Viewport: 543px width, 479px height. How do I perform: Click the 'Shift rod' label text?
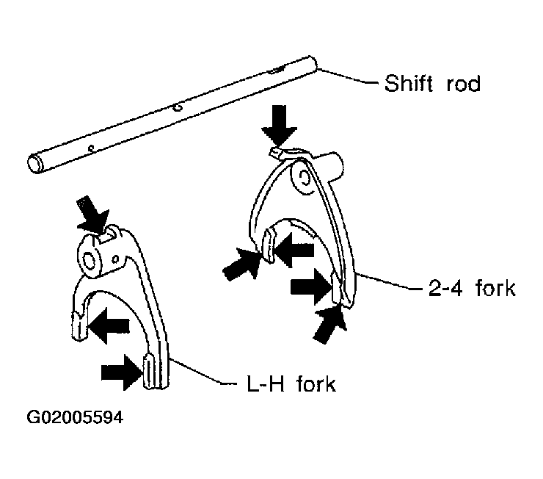(432, 83)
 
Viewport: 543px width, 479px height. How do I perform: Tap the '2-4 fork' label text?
(472, 288)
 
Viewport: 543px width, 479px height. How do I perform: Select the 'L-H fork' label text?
(291, 383)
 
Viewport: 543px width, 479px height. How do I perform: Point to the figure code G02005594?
(75, 417)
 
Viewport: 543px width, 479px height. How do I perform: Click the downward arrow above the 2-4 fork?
(279, 126)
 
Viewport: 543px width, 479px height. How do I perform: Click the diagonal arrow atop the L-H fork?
(92, 215)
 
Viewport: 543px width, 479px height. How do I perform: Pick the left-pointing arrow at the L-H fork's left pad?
(109, 325)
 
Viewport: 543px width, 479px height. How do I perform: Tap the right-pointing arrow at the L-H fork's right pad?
(122, 372)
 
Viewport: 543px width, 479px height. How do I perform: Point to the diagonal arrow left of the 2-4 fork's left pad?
(241, 264)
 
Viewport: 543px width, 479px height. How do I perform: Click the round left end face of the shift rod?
(34, 165)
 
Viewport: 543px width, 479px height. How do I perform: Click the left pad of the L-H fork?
(80, 325)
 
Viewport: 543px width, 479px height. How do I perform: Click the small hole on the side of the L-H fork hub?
(116, 259)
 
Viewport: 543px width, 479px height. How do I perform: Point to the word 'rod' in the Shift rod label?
(464, 84)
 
